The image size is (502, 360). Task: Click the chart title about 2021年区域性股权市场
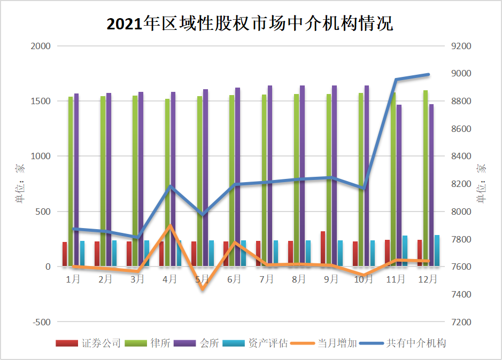coord(250,24)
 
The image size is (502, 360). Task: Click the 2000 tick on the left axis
coord(41,46)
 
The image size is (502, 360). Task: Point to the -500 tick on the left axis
coord(41,322)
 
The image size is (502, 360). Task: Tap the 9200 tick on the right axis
coord(461,46)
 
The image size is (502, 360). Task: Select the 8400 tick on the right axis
coord(461,156)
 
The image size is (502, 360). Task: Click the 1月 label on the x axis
coord(74,279)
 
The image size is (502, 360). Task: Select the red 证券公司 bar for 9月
coord(323,249)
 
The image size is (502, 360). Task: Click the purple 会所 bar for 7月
coord(270,176)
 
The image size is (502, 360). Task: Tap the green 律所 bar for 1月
coord(71,182)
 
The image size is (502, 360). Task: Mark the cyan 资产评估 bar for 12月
coord(437,251)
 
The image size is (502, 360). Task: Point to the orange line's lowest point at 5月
coord(203,289)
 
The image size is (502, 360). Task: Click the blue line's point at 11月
coord(396,80)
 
